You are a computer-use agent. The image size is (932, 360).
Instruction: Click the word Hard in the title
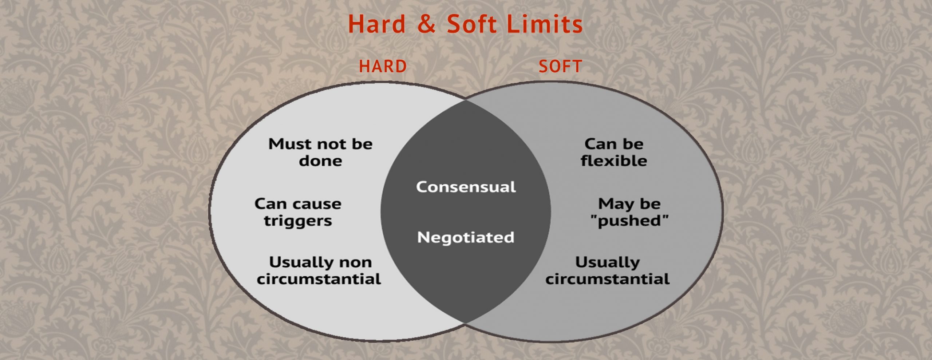point(377,24)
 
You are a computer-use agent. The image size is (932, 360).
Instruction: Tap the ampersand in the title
point(426,24)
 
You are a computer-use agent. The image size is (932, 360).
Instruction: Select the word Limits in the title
point(545,24)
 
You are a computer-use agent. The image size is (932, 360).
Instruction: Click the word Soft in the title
point(471,24)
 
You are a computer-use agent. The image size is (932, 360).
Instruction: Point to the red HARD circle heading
point(383,66)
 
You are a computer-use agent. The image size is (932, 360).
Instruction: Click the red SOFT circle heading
point(560,66)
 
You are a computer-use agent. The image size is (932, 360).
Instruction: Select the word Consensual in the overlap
point(466,187)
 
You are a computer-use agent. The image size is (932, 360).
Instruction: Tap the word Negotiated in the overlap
point(466,237)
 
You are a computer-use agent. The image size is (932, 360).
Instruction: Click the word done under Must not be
point(320,161)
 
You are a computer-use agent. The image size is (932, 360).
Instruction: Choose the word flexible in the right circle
point(614,161)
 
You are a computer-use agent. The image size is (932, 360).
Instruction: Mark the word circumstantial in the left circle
point(319,279)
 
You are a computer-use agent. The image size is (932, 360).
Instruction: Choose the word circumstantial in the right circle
point(607,279)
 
